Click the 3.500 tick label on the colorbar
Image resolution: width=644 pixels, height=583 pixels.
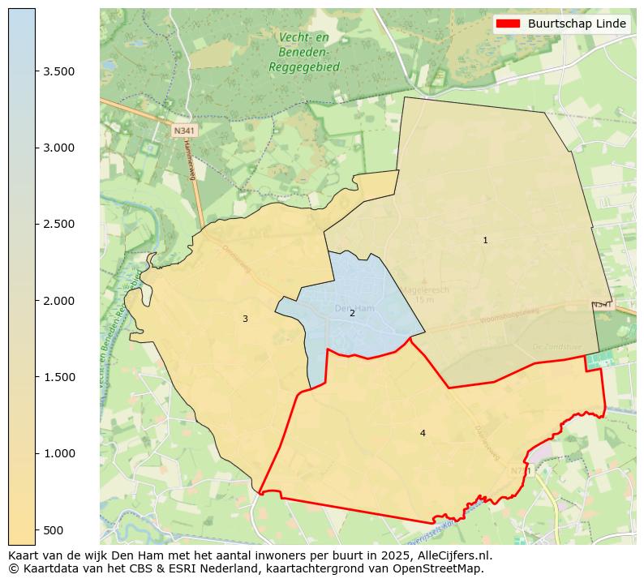[58, 71]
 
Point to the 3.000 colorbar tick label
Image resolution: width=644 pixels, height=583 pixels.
[58, 148]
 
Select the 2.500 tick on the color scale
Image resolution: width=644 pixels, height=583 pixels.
[58, 224]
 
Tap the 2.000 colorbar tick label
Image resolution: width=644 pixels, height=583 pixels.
[58, 301]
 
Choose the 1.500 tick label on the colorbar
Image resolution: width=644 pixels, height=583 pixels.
[58, 377]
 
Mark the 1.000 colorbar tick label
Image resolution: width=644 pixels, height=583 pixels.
[58, 453]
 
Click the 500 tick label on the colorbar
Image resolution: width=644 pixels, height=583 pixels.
[54, 530]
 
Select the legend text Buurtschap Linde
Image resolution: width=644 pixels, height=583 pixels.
[577, 24]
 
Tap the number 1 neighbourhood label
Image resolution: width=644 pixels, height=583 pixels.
[485, 240]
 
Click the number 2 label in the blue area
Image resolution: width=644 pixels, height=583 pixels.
[352, 313]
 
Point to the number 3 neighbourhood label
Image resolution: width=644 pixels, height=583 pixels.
[245, 319]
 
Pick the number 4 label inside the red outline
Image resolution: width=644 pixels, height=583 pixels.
[423, 433]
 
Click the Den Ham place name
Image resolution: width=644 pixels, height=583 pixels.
[354, 308]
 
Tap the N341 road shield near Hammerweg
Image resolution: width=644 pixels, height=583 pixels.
[184, 130]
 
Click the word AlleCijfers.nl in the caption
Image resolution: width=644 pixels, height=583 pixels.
[452, 555]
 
